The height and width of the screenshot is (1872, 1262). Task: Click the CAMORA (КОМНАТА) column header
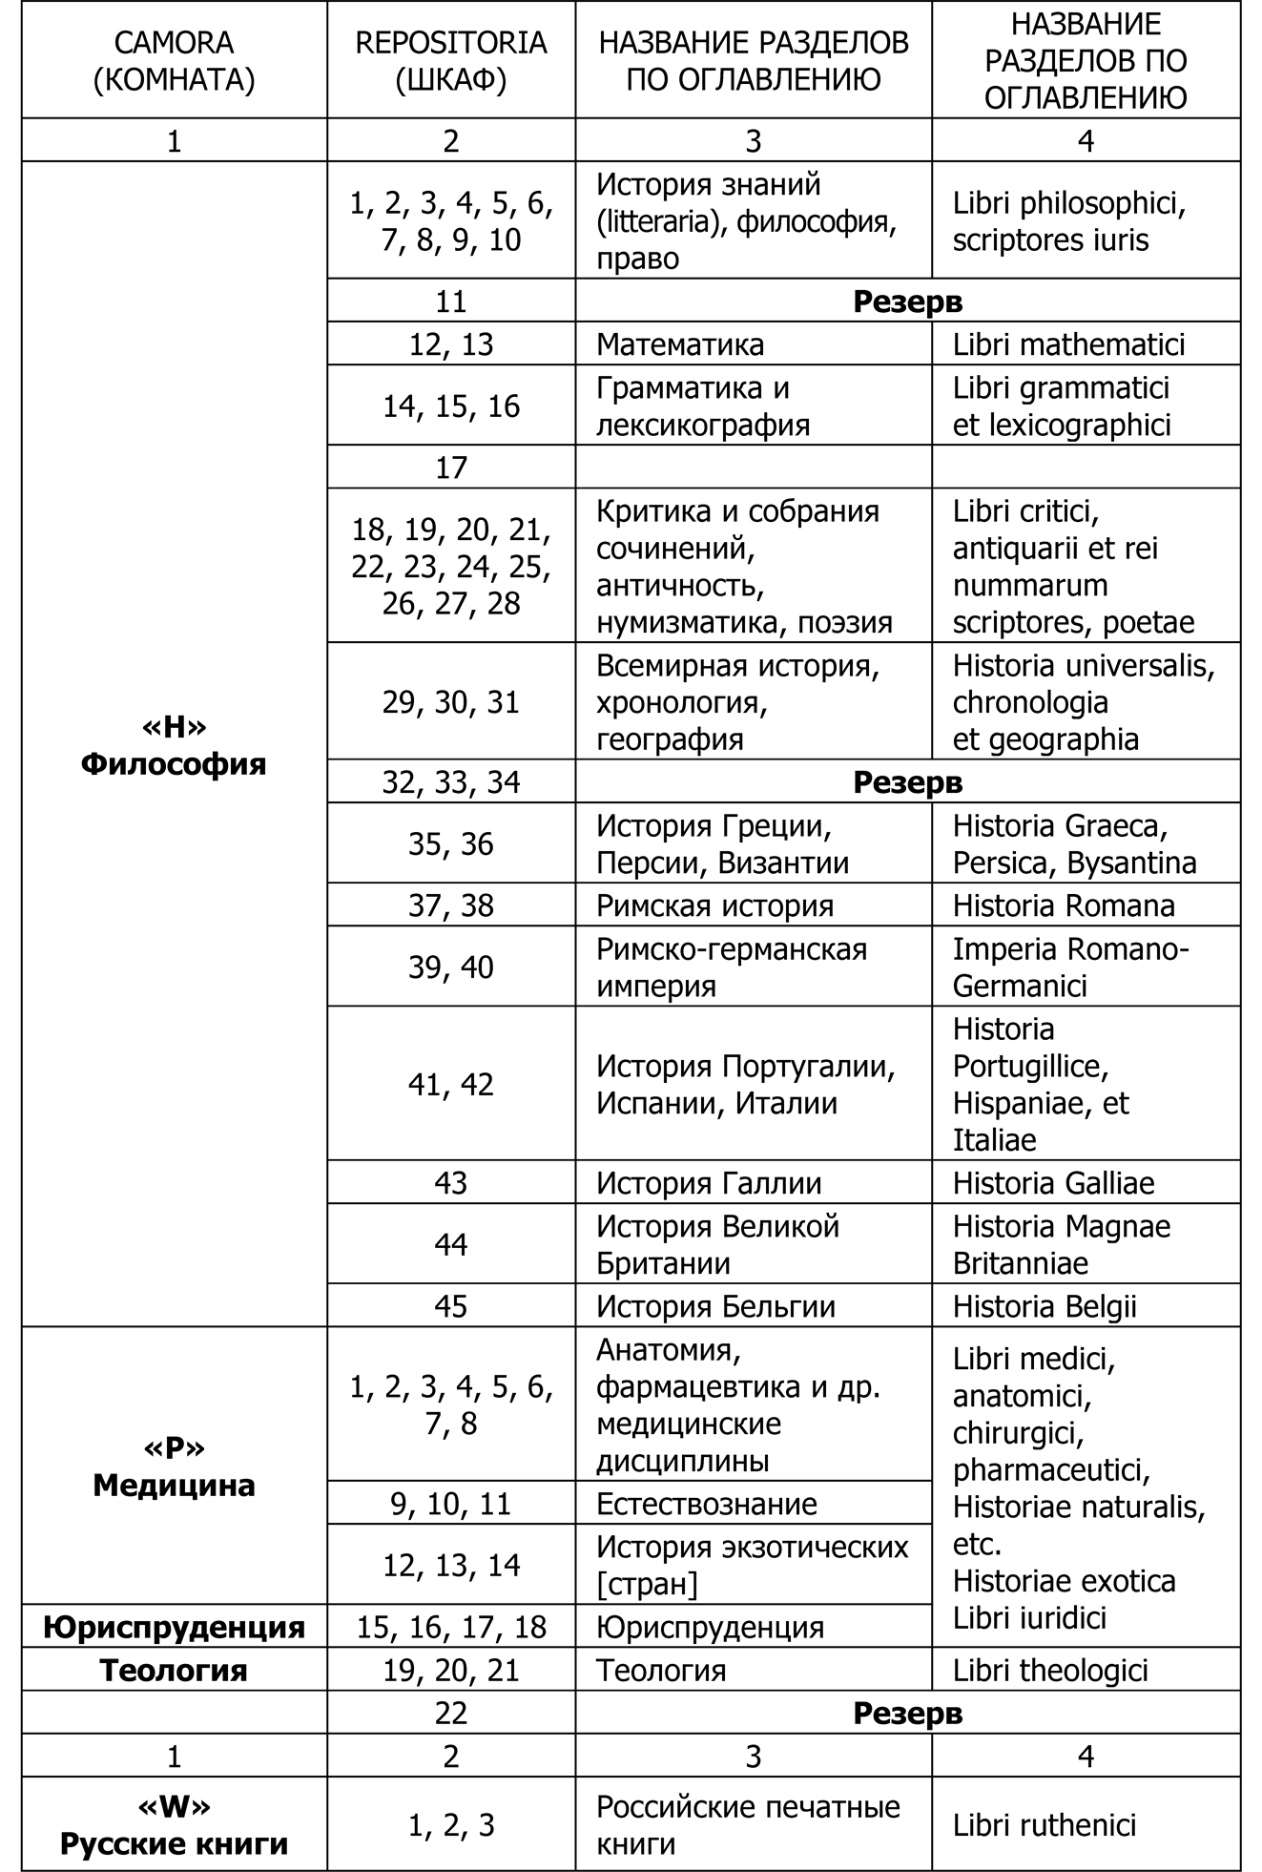pos(174,61)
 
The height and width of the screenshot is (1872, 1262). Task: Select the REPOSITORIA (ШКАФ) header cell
pos(450,61)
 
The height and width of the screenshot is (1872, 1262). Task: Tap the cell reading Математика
pos(680,344)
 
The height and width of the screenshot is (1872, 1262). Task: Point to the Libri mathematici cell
pos(1068,344)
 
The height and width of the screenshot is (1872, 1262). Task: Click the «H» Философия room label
pos(174,746)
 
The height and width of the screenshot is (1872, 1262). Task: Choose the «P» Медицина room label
pos(174,1466)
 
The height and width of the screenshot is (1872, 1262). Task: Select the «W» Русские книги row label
pos(174,1824)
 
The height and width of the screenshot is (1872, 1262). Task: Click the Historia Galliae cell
pos(1053,1183)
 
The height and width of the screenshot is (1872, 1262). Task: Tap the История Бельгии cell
pos(715,1306)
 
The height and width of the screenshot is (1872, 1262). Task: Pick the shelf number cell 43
pos(450,1183)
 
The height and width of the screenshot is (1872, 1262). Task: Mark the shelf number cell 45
pos(450,1306)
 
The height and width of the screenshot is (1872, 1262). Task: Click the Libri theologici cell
pos(1050,1671)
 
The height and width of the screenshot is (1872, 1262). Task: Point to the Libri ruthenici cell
pos(1045,1825)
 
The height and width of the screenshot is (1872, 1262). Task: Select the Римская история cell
pos(714,905)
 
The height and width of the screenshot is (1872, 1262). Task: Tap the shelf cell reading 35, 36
pos(450,844)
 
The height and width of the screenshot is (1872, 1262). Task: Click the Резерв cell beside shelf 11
pos(907,302)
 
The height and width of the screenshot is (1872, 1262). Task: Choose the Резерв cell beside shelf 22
pos(907,1714)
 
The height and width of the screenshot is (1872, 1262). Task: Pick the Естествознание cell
pos(707,1504)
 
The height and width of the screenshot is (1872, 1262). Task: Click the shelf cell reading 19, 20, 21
pos(450,1671)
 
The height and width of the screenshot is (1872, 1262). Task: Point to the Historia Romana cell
pos(1064,905)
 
